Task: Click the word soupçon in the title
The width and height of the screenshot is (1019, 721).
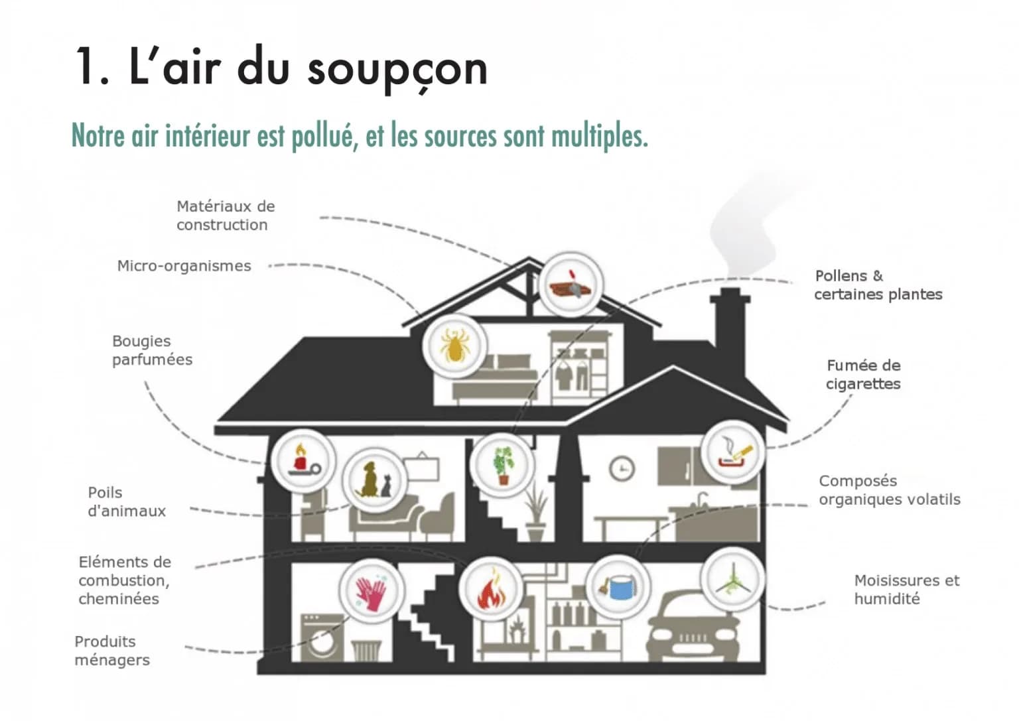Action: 397,69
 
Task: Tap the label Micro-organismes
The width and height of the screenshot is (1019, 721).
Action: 184,266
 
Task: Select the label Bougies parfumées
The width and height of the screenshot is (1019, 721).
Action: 152,350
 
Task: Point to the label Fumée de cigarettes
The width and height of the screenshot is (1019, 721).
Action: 863,374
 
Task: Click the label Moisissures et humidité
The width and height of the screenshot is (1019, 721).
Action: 907,590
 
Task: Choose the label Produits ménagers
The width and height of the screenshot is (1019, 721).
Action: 112,651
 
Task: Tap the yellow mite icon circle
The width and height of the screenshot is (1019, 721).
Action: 454,346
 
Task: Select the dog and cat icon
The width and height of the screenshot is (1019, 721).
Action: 375,480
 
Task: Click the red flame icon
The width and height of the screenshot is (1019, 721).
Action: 492,590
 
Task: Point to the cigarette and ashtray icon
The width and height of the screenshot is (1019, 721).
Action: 733,452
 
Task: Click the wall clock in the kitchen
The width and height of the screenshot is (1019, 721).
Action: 622,468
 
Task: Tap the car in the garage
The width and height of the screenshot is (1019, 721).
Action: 695,626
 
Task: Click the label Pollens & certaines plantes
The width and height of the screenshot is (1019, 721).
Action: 878,285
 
